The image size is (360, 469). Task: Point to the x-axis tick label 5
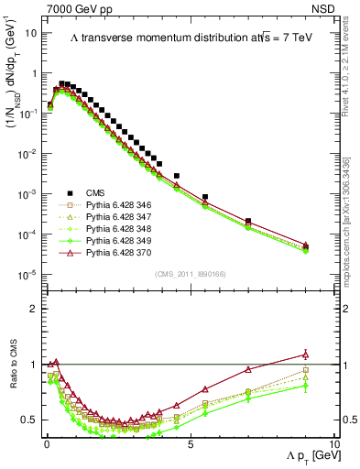coord(190,444)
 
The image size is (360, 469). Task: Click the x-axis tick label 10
coord(333,444)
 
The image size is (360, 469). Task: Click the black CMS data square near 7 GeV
coord(248,221)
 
